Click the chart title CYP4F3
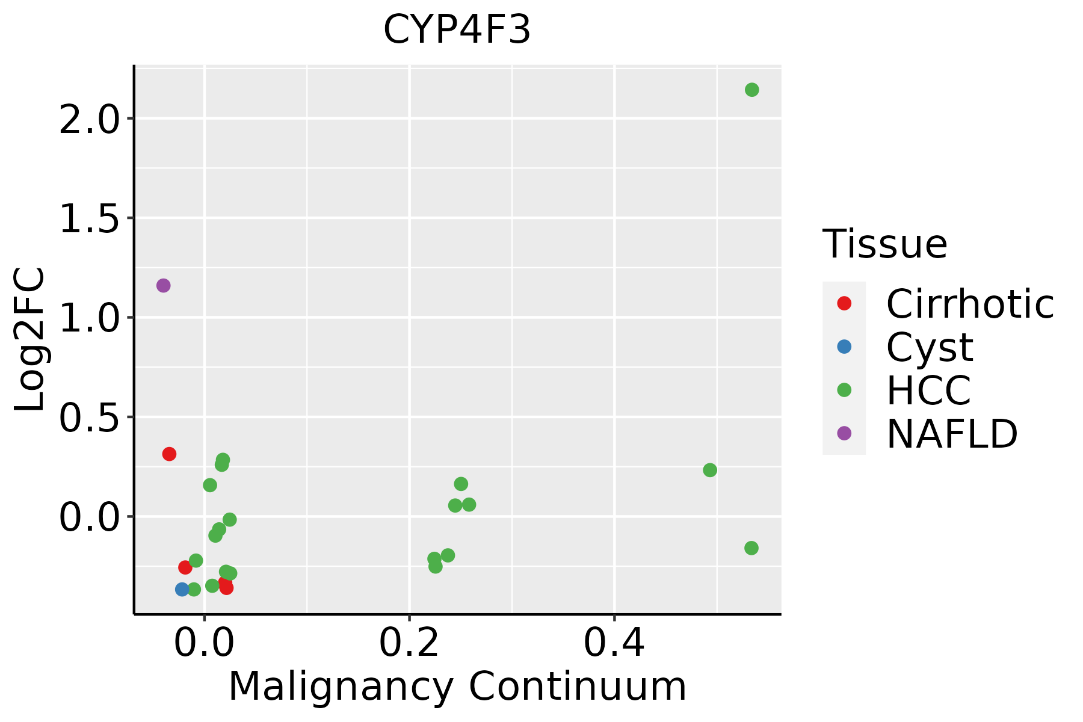pos(457,30)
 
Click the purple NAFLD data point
pos(163,285)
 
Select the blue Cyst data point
pos(182,589)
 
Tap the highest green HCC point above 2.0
pos(751,90)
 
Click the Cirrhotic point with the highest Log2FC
pos(169,454)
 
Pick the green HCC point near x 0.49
pos(710,470)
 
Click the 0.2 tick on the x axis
pos(409,643)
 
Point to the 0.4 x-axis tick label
pos(614,643)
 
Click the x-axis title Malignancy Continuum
pos(457,687)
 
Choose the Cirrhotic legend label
pos(970,304)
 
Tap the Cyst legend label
pos(930,347)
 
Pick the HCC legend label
pos(928,390)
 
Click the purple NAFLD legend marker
pos(844,433)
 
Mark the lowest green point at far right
pos(751,548)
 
